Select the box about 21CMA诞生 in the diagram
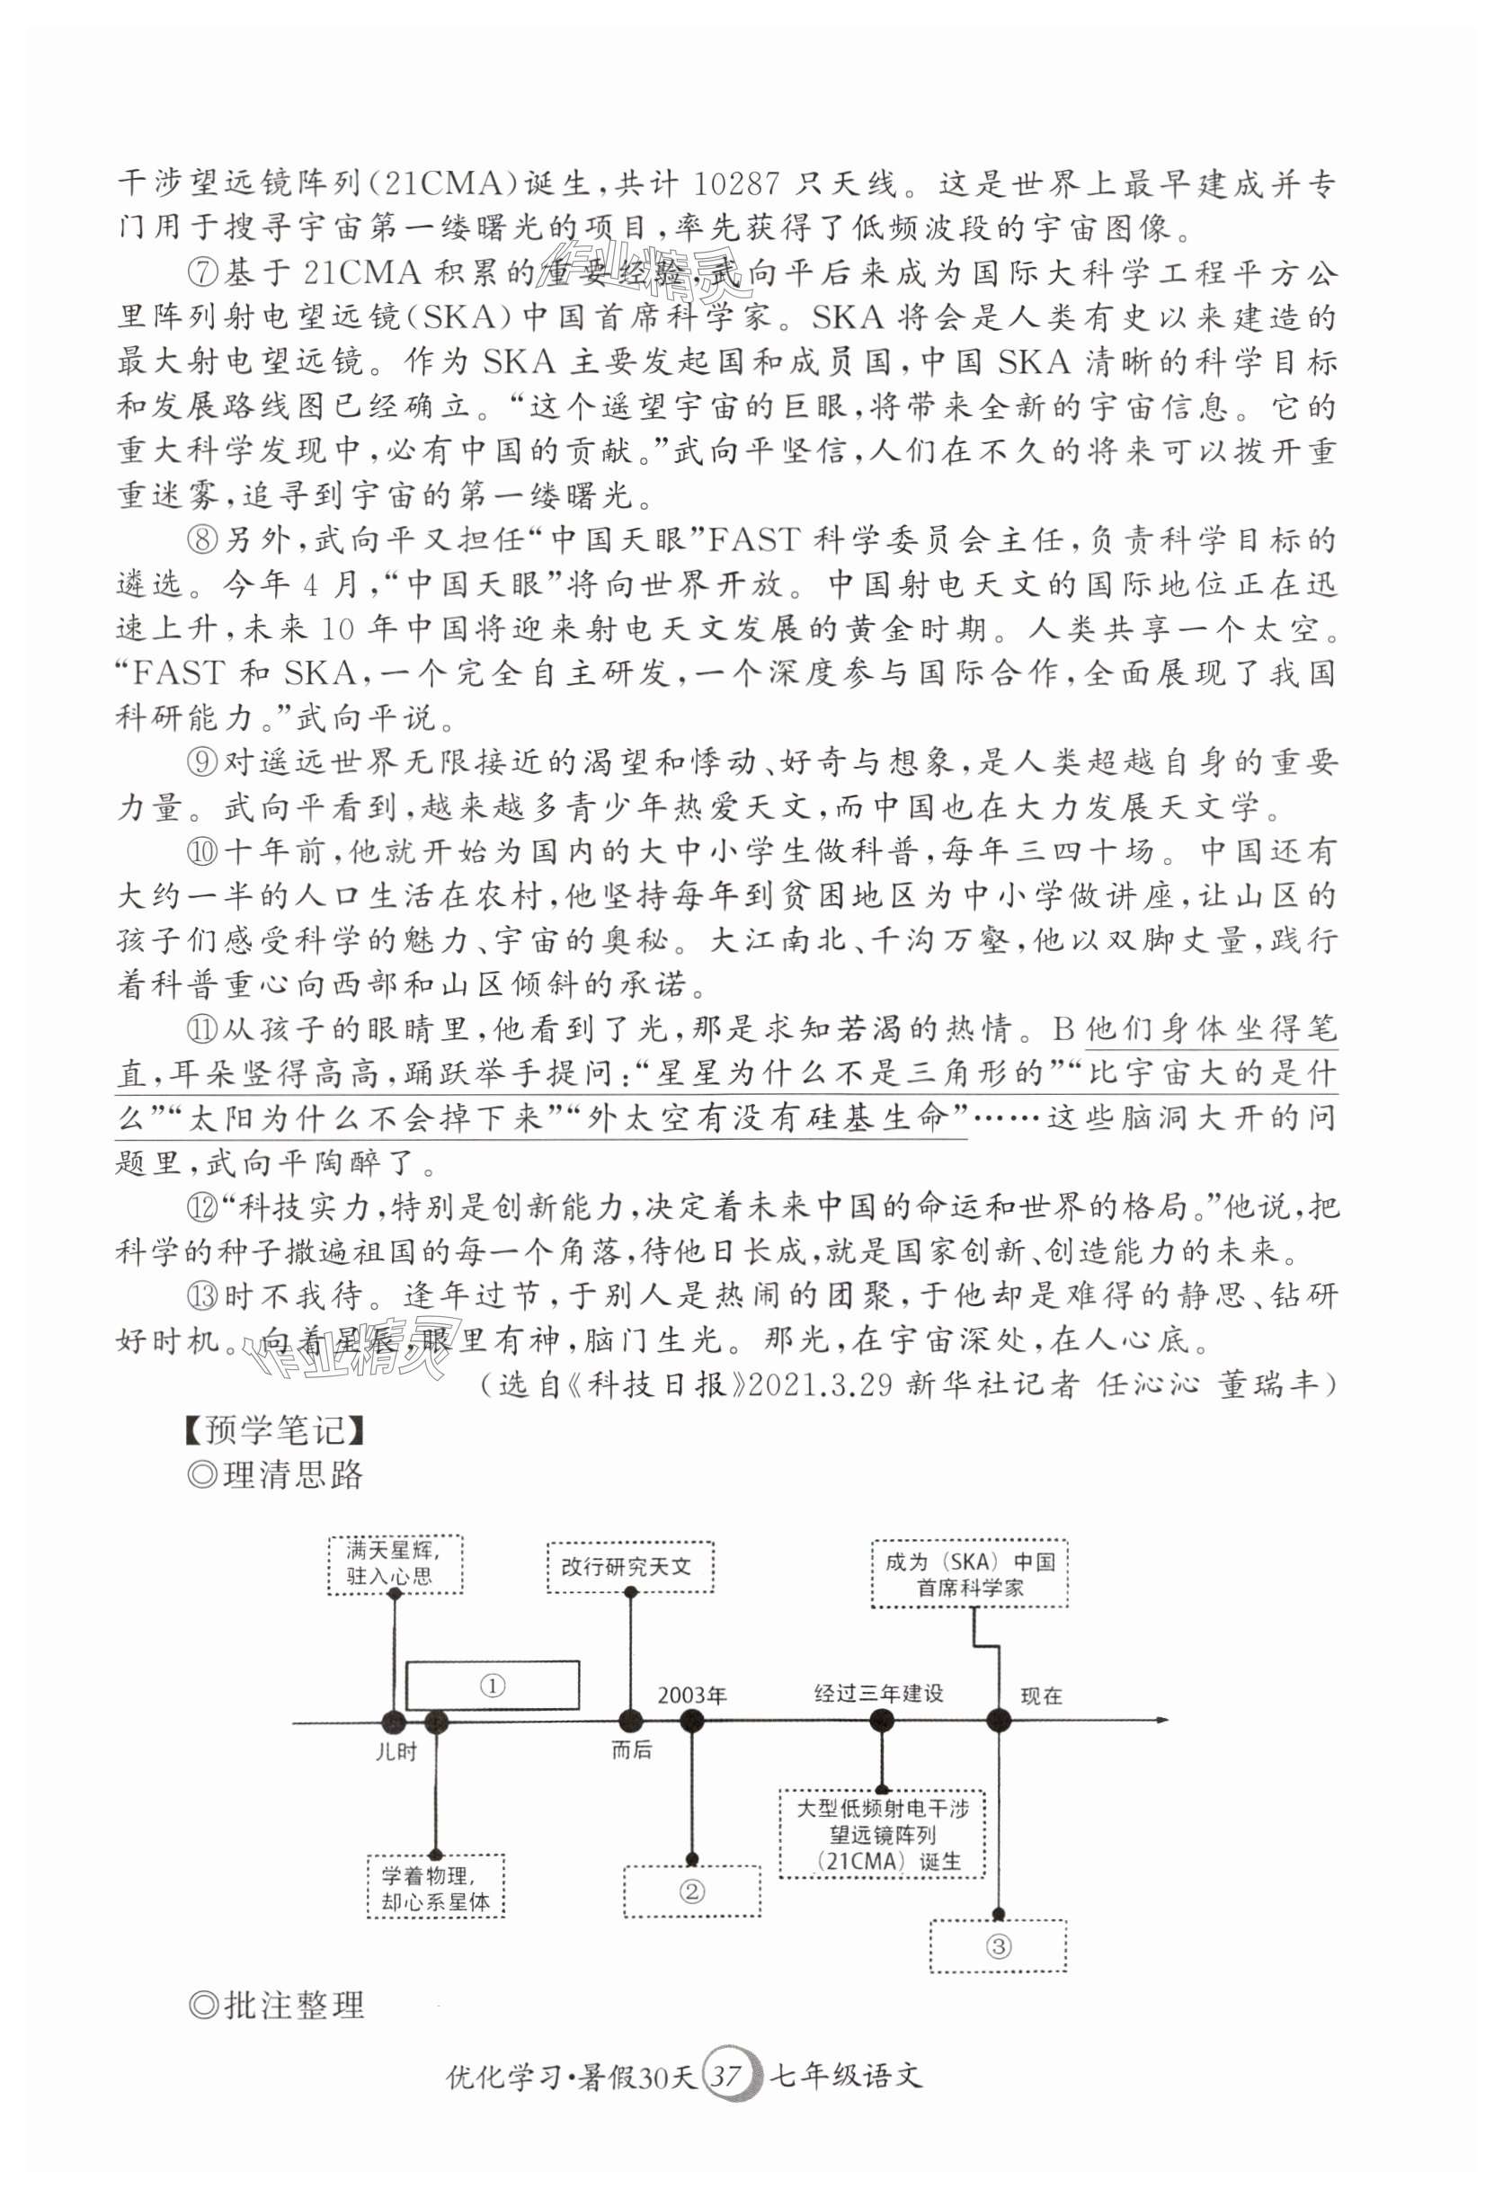click(882, 1835)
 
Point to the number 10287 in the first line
click(737, 182)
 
